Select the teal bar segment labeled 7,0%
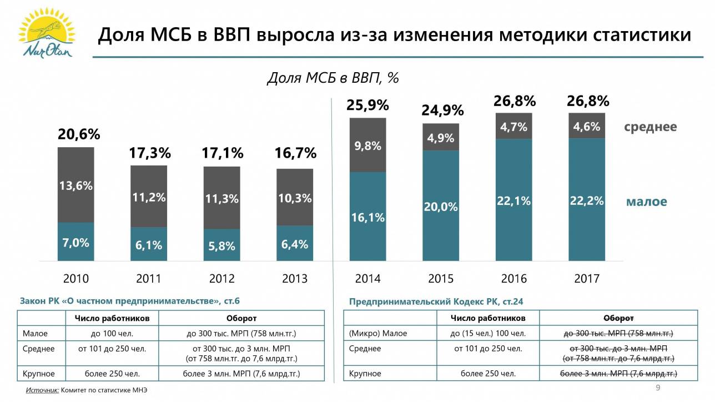76,242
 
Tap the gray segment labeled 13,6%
76,185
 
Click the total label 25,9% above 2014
367,105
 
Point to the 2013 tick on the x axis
295,278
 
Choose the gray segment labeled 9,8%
367,145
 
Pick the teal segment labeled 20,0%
441,207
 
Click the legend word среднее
650,127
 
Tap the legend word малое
646,202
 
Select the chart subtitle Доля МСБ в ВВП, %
333,78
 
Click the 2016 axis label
514,278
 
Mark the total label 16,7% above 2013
295,153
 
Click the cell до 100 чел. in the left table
112,334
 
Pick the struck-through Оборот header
618,318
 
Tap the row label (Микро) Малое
378,334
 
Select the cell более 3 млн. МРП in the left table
241,374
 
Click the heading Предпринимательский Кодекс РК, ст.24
436,301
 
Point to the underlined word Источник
42,391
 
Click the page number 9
658,387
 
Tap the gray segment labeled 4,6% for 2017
587,127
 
